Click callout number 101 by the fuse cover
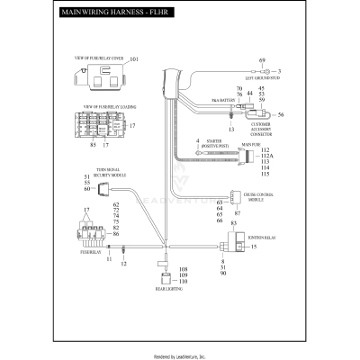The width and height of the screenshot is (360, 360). coord(135,59)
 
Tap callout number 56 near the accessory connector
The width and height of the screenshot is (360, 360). coord(281,115)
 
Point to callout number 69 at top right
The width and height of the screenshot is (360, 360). coord(263,59)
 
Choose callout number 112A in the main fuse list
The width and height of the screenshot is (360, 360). coord(265,156)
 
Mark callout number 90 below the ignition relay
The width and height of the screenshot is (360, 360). coord(222,273)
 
